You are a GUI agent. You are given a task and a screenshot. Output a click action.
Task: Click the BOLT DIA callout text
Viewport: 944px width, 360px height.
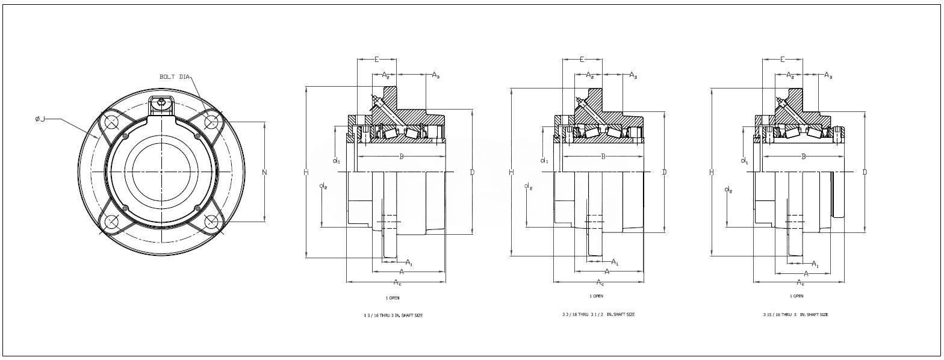175,77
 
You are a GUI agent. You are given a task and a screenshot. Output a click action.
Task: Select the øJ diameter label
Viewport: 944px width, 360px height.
40,119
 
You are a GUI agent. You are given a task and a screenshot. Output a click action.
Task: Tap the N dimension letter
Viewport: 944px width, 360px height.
265,173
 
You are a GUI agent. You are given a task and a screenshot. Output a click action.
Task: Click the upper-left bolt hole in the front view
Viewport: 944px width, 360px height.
112,123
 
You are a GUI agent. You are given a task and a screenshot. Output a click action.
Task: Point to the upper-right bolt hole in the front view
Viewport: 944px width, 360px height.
211,122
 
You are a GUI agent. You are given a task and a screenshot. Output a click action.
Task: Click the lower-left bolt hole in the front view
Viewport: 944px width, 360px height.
112,222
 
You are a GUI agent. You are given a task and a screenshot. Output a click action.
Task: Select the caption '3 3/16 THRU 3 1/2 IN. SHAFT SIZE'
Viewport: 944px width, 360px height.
597,314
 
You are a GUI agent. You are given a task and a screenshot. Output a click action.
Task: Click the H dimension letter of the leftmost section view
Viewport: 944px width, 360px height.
306,173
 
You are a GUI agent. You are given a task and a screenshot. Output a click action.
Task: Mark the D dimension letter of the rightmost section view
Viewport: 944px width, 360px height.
865,172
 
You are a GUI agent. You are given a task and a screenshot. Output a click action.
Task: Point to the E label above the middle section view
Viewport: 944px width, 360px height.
582,59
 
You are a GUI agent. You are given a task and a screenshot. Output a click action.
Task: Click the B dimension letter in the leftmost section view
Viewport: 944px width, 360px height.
402,157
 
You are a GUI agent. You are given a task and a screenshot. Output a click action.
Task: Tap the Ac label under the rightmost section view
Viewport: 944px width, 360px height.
800,282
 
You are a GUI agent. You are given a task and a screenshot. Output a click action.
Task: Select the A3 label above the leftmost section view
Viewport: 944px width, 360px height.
436,75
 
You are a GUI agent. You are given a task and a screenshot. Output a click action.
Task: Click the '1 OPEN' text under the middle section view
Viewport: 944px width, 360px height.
596,296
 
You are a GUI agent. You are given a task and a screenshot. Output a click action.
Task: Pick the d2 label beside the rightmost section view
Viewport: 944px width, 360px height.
729,190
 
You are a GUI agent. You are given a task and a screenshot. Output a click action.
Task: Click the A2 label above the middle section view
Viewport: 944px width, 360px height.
590,76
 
